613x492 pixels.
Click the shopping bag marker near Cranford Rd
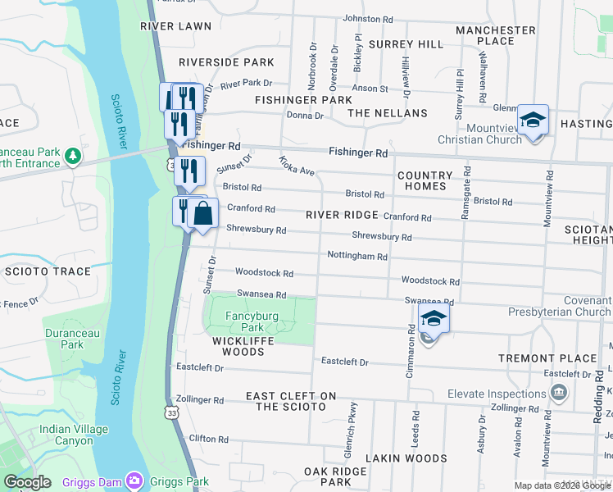(203, 213)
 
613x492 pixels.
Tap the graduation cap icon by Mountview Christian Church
(533, 121)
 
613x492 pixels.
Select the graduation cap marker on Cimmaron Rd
(434, 319)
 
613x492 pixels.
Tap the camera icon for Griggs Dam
(134, 481)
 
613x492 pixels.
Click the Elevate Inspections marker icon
(559, 393)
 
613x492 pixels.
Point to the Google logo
(27, 482)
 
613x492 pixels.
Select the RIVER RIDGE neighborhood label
(342, 215)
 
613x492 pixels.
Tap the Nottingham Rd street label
(356, 257)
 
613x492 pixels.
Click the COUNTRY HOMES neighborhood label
(425, 180)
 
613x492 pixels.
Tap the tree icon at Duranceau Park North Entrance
(73, 155)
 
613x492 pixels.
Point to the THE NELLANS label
(388, 113)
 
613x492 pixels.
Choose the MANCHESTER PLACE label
(496, 35)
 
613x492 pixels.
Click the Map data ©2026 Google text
(562, 485)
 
